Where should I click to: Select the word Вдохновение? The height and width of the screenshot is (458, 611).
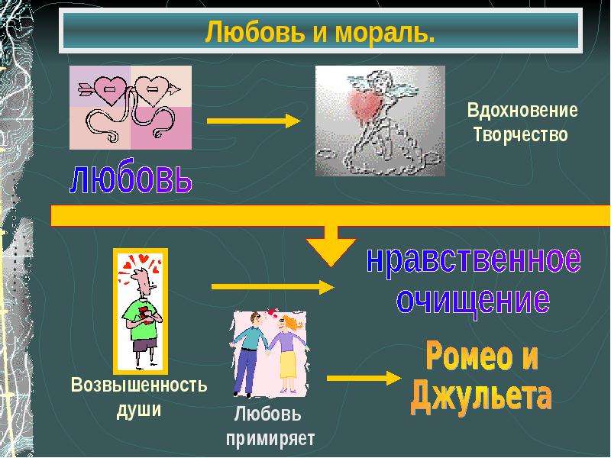[522, 110]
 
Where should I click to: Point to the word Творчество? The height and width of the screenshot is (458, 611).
[520, 135]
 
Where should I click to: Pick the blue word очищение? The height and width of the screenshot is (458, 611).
[473, 302]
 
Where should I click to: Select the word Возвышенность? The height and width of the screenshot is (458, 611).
[139, 385]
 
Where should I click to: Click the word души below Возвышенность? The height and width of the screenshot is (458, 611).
[139, 410]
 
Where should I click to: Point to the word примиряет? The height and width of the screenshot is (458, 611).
[270, 439]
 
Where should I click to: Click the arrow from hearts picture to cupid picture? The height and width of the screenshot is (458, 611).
[254, 121]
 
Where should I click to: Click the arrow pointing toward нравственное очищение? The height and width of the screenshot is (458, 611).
[273, 287]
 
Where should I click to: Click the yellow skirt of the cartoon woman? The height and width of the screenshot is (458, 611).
[288, 364]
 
